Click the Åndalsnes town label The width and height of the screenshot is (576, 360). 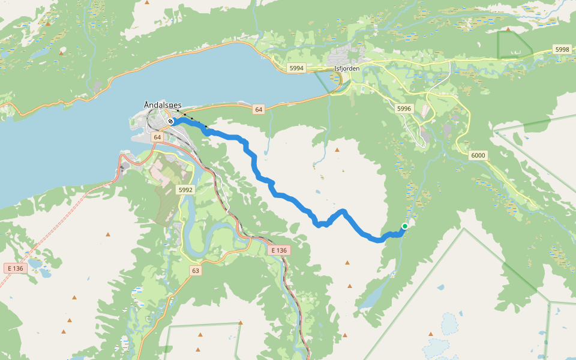[x=163, y=105]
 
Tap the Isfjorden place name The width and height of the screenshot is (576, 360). [x=346, y=68]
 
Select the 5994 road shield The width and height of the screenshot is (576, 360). [x=296, y=68]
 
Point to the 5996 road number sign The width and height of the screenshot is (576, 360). [x=404, y=109]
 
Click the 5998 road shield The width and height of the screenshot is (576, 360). [x=562, y=49]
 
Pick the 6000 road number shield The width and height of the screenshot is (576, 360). [x=478, y=155]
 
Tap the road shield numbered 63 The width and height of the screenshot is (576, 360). [x=196, y=271]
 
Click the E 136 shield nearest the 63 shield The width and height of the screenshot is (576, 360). [x=280, y=250]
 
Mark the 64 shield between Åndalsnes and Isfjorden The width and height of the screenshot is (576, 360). [x=258, y=109]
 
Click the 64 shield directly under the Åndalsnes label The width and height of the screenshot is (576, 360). [x=157, y=137]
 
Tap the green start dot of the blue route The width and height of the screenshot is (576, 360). [x=405, y=226]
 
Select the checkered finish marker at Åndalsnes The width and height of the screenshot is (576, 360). [x=171, y=121]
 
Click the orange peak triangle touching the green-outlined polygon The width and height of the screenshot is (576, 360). [x=508, y=29]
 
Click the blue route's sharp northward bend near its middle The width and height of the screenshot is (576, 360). [x=343, y=211]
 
